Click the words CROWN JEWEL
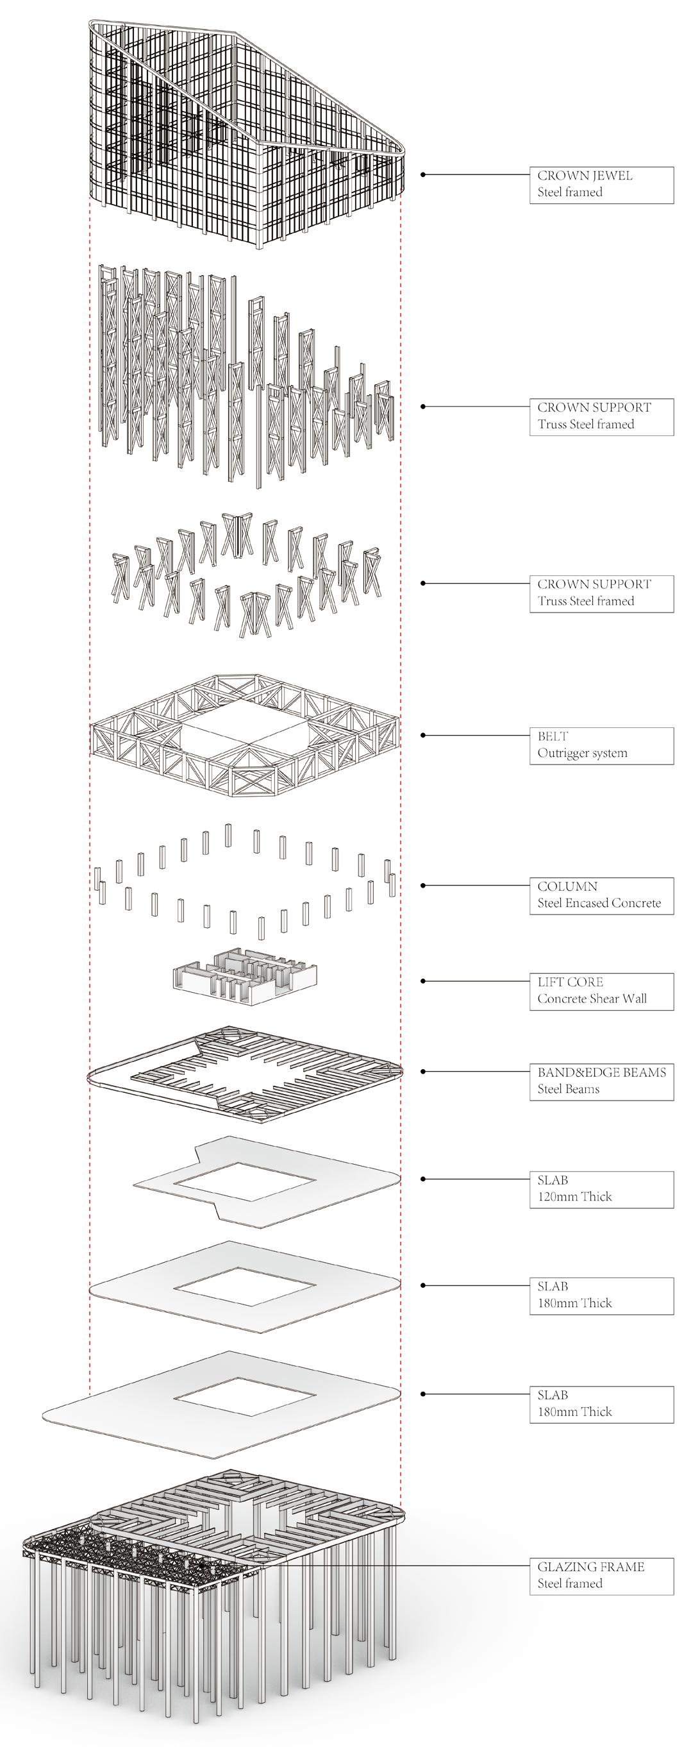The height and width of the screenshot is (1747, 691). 585,176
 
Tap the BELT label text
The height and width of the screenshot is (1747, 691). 553,736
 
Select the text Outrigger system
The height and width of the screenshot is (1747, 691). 582,753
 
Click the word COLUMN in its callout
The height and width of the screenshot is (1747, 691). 567,886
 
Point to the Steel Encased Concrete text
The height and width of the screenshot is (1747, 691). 599,902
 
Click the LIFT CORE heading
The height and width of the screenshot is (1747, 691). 570,982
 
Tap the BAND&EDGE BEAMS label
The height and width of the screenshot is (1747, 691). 601,1072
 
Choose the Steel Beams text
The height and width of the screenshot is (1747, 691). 569,1089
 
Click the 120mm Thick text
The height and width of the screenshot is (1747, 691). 574,1196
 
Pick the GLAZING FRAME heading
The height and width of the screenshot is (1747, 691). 590,1567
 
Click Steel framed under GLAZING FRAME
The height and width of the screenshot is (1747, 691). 570,1583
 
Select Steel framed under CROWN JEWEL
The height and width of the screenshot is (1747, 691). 570,192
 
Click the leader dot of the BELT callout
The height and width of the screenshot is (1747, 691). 423,735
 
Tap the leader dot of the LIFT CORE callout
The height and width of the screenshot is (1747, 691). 423,981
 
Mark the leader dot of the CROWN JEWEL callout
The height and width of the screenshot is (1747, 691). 423,175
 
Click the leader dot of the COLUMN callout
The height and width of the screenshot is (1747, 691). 423,886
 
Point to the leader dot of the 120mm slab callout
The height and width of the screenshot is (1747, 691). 423,1179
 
